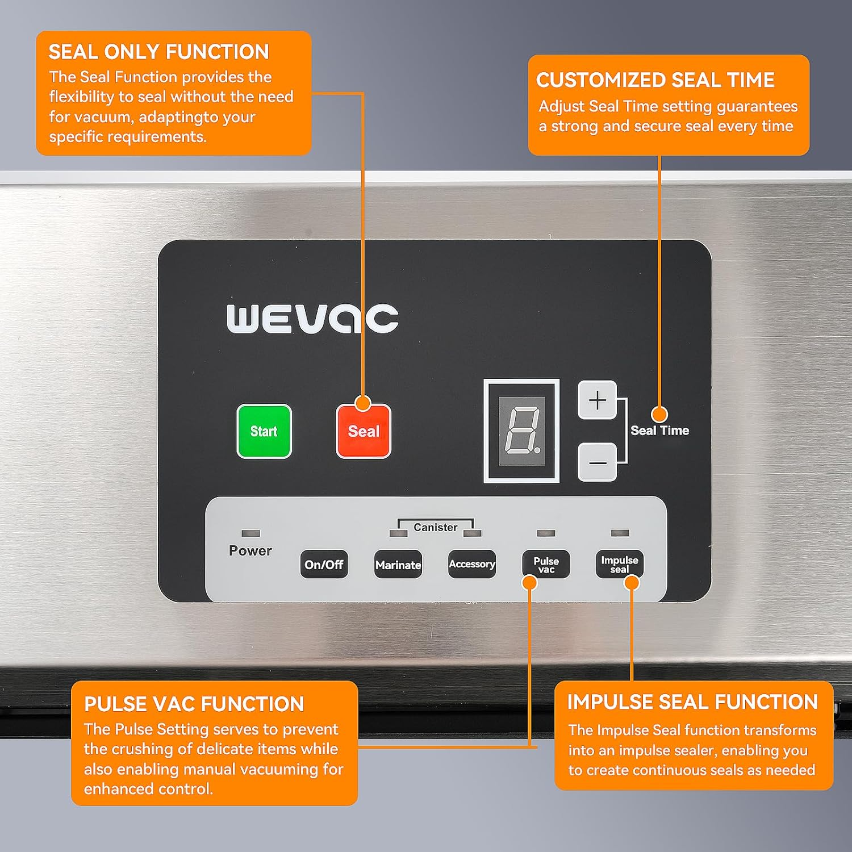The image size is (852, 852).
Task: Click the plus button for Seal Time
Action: tap(597, 400)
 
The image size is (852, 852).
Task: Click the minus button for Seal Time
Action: tap(597, 462)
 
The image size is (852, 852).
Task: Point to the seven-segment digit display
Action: tap(522, 431)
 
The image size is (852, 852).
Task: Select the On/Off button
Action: tap(324, 565)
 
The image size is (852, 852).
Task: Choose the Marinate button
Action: tap(398, 565)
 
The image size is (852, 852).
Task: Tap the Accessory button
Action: tap(472, 564)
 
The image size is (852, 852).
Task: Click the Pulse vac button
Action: tap(546, 564)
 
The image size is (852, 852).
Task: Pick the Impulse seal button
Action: tap(620, 564)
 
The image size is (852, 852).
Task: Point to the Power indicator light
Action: tap(250, 533)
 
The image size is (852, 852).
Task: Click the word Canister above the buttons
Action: tap(435, 528)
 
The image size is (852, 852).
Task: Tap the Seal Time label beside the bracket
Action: tap(659, 431)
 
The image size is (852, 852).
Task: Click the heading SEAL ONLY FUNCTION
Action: tap(159, 52)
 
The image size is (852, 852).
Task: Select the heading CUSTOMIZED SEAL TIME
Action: tap(655, 80)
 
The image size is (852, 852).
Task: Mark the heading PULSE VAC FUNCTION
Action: tap(194, 704)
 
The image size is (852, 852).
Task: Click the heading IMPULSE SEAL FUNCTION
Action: tap(692, 702)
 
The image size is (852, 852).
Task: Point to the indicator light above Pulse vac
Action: tap(546, 533)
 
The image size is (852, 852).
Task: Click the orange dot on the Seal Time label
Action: tap(659, 414)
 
